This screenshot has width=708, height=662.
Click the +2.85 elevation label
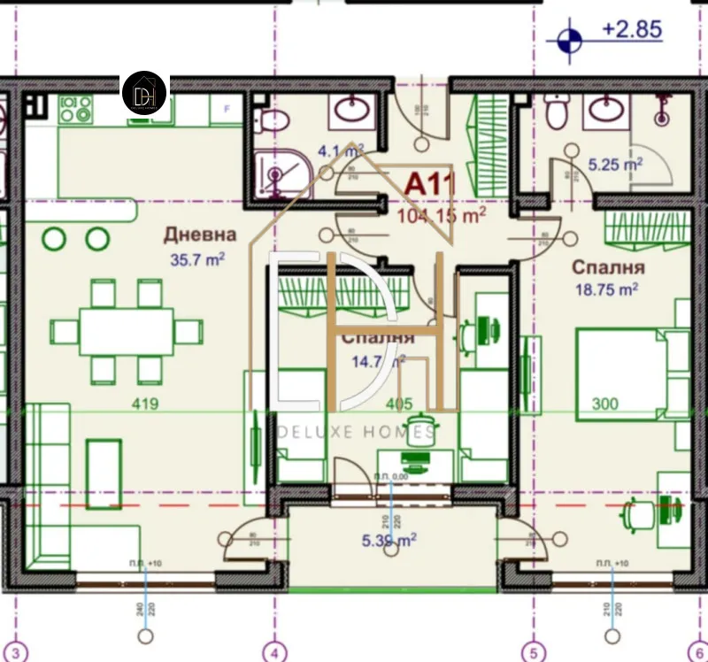[632, 28]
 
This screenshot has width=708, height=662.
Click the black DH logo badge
[144, 93]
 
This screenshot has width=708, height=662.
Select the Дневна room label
[200, 235]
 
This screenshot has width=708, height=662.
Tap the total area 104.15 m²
[442, 214]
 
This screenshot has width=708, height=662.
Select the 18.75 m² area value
[607, 289]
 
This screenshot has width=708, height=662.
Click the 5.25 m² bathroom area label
[615, 164]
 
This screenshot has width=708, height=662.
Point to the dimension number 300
[605, 404]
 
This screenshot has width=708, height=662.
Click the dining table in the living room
[126, 331]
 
